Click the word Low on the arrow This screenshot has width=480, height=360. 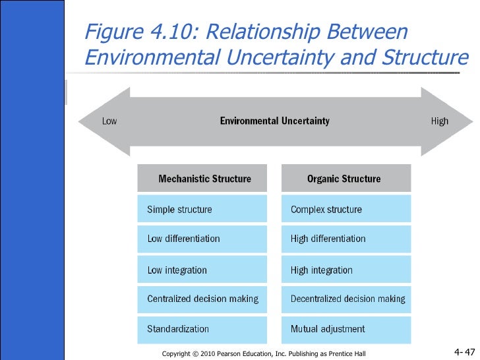point(109,121)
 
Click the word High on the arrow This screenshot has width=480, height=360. point(439,121)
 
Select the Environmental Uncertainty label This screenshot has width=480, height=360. point(274,121)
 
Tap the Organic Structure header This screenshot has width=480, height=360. point(344,179)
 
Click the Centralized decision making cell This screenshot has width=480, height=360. point(202,299)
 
